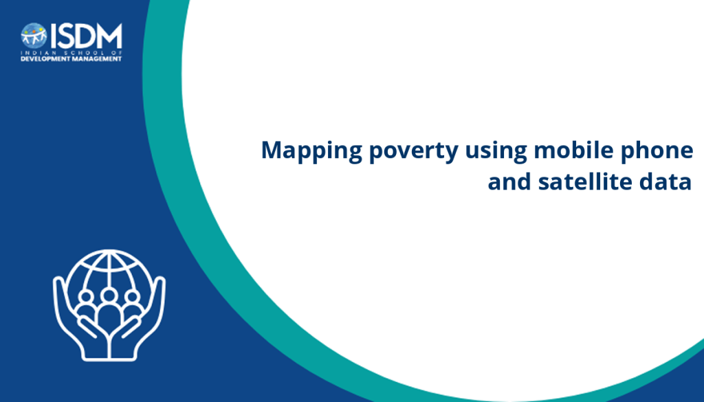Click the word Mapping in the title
pos(311,151)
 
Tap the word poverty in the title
pos(413,151)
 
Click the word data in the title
pos(665,181)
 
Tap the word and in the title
pos(509,181)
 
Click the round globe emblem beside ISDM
pos(34,36)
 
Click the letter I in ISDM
pos(53,36)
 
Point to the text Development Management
pos(71,59)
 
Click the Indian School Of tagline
pos(71,53)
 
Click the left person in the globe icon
pos(86,304)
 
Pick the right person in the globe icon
pos(132,304)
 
